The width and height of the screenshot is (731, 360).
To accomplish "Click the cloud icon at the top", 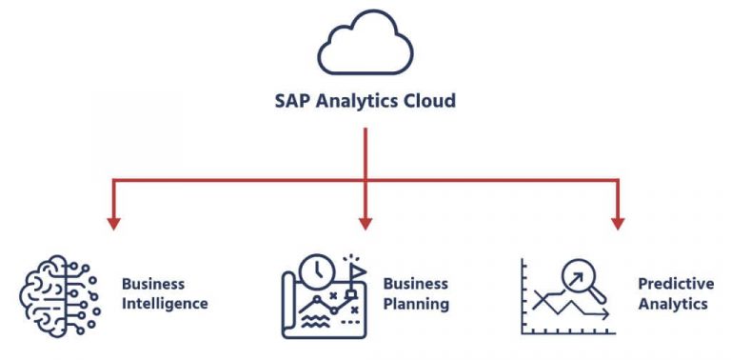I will (365, 45).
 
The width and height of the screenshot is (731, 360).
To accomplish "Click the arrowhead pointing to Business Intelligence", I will (113, 223).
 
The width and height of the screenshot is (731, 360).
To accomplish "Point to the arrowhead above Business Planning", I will (365, 223).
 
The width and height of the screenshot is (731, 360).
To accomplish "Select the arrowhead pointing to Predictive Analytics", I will (617, 223).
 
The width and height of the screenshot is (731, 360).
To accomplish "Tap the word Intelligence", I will (165, 305).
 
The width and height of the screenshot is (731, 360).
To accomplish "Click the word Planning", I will (416, 305).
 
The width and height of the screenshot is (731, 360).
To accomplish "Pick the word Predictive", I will (675, 284).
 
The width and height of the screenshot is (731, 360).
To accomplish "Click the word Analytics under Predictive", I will (673, 305).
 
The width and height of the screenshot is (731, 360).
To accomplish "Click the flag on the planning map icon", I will (356, 268).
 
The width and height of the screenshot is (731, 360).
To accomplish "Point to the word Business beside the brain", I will (153, 284).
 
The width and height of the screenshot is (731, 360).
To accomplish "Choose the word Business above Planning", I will (415, 284).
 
